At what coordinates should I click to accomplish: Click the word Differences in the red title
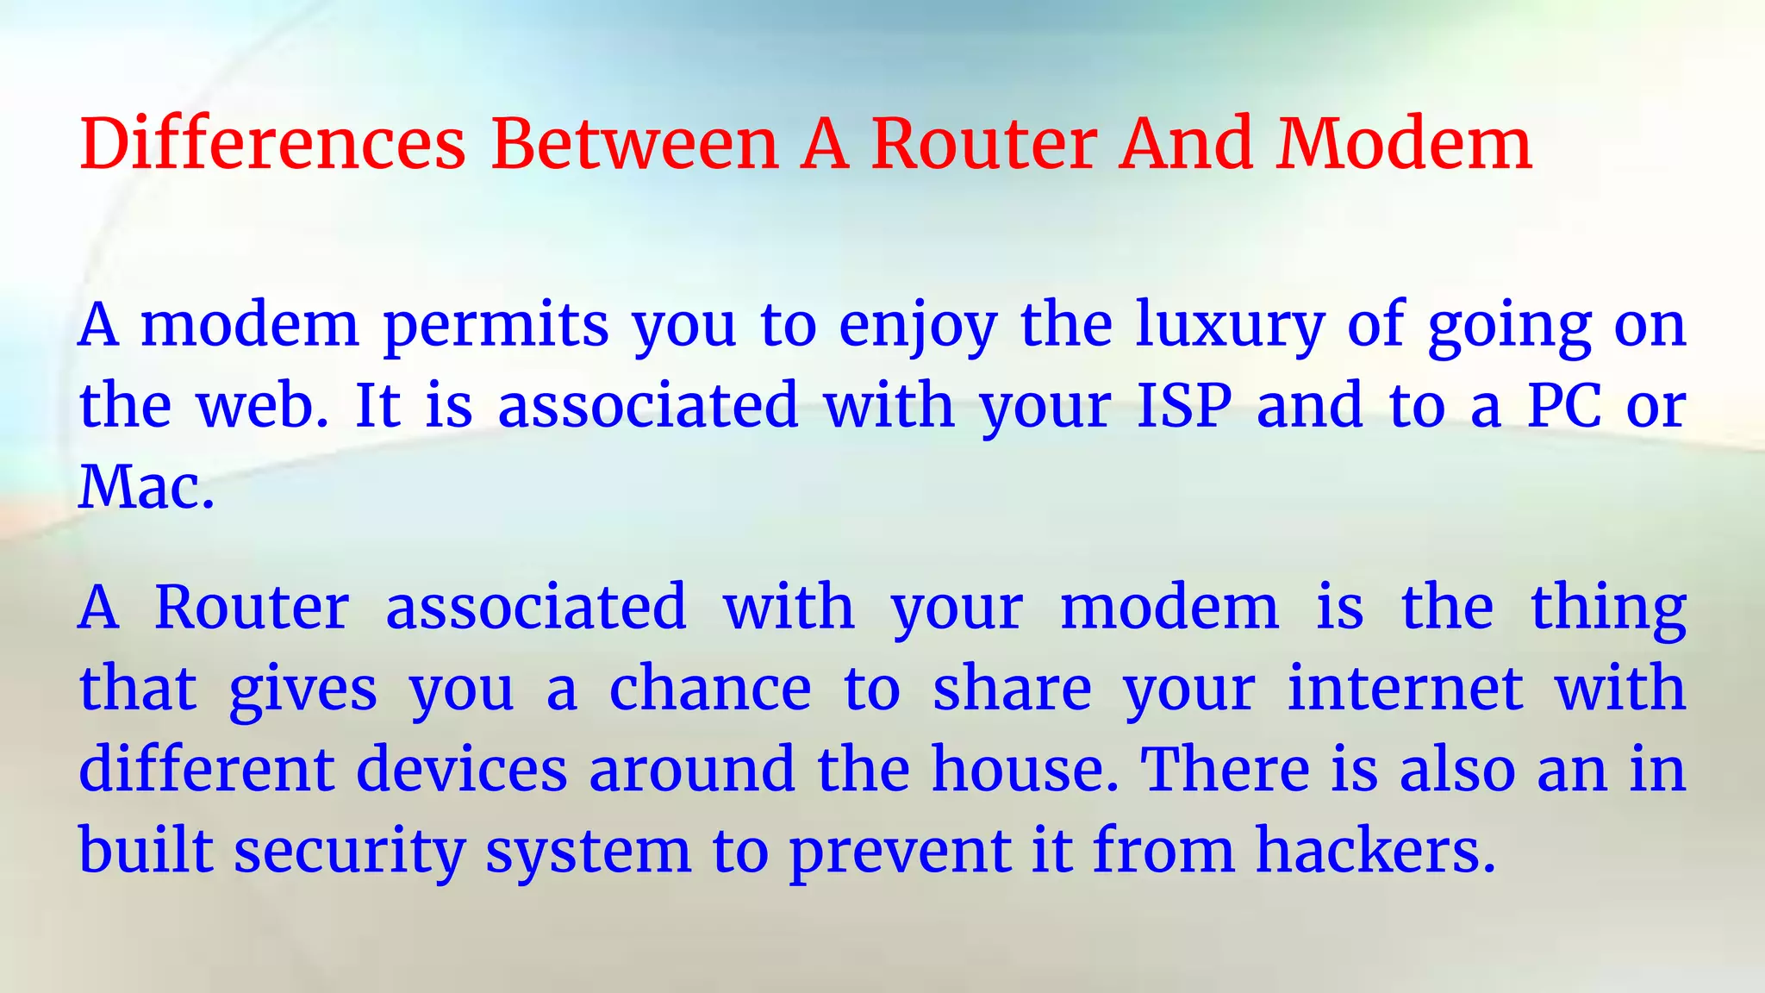click(272, 143)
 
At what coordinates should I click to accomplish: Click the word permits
click(496, 326)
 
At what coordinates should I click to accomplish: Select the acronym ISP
click(1185, 406)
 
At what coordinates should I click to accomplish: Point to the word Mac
click(145, 488)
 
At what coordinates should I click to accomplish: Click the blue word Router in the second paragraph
click(252, 608)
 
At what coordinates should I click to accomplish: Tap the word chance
click(710, 689)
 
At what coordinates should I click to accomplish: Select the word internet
click(1405, 689)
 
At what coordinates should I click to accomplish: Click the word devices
click(462, 769)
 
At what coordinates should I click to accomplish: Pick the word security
click(350, 852)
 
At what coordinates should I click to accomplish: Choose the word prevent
click(900, 852)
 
